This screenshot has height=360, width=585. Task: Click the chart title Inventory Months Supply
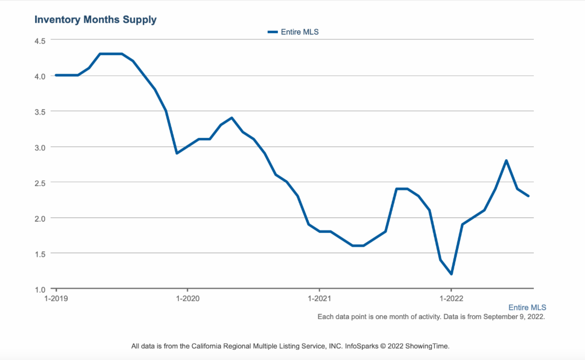(96, 20)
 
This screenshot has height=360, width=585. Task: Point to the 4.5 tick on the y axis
(39, 40)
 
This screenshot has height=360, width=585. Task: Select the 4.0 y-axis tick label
(39, 76)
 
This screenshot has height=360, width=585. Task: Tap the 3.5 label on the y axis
(39, 112)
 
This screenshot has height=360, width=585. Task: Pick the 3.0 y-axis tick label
(39, 147)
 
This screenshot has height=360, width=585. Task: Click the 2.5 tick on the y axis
(39, 183)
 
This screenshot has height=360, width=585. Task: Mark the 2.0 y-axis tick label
(39, 218)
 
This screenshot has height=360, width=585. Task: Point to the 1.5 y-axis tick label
(39, 254)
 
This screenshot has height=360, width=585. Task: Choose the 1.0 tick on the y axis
(39, 289)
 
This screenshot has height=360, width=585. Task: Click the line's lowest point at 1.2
(451, 274)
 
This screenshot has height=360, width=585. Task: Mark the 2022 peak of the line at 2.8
(507, 160)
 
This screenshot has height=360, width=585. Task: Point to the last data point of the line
(528, 196)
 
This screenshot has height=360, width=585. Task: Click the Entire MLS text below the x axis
(527, 307)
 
